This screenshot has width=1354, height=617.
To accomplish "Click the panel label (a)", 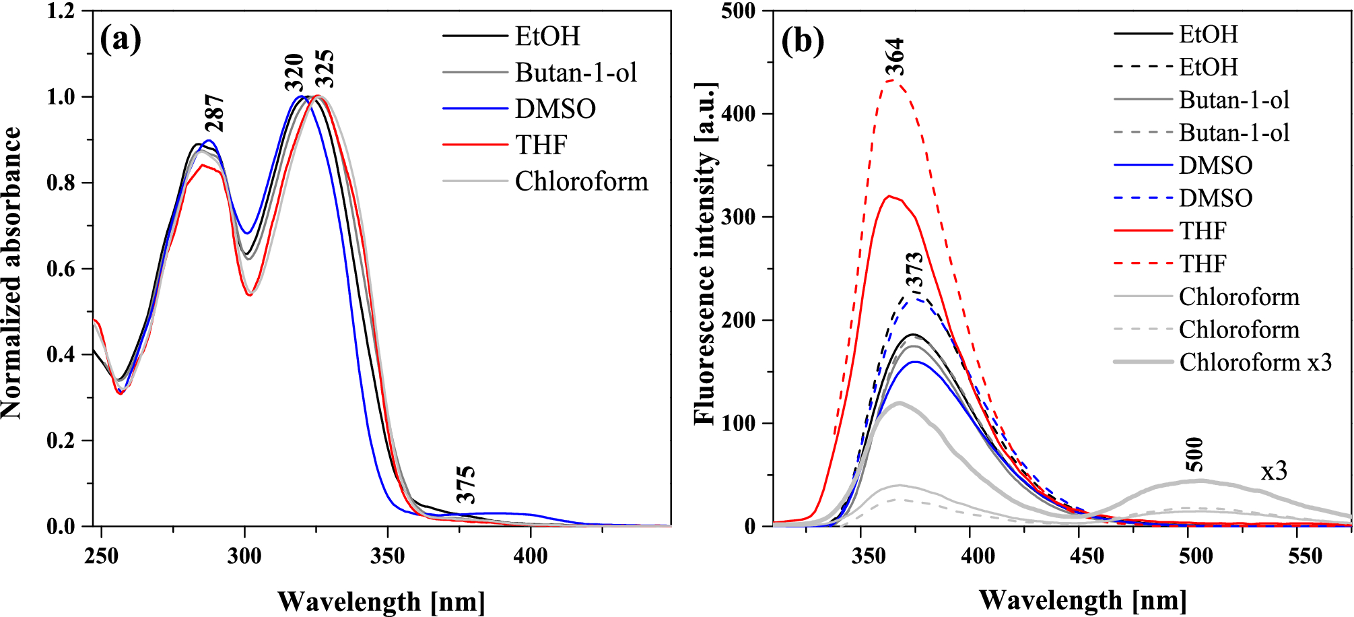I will pos(121,39).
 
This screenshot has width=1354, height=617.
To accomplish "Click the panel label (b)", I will pos(803,42).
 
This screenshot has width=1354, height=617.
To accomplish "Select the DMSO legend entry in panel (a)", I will pos(555,108).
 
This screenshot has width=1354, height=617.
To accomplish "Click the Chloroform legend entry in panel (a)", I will pos(580,181).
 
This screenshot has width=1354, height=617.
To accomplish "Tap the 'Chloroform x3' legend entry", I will pos(1255,362).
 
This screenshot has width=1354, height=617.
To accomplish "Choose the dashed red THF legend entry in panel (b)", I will pos(1203,263).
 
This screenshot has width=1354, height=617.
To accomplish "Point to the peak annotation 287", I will pos(215,113).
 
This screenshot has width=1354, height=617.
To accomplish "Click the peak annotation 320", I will pos(295,73).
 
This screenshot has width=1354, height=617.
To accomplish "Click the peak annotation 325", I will pos(325,69).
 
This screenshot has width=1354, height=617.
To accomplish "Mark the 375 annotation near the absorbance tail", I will pos(466,484).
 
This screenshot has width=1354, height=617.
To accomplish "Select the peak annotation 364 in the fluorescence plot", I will pos(894,57).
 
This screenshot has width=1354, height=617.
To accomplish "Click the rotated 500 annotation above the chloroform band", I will pos(1194,454).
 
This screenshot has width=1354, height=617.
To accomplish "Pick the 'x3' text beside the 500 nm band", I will pos(1274,471).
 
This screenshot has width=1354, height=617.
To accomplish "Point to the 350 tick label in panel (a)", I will pos(387,557).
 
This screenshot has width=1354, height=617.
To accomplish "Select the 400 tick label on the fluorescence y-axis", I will pos(738,114).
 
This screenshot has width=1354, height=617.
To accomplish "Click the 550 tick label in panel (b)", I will pos(1305,556).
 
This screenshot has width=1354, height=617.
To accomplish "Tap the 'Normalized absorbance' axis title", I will pos(11,273).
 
